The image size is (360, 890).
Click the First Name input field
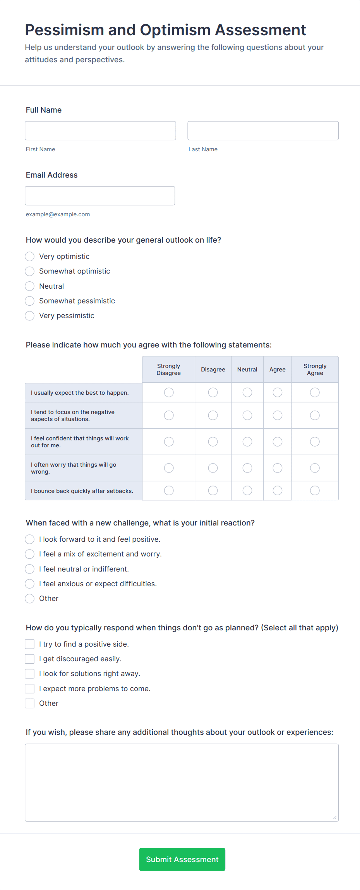click(x=100, y=130)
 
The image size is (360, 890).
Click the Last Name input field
click(x=263, y=130)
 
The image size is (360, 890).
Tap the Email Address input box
click(x=100, y=195)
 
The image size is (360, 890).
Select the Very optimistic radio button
click(x=30, y=257)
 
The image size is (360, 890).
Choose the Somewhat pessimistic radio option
click(x=30, y=301)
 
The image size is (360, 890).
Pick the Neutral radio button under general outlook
click(x=30, y=286)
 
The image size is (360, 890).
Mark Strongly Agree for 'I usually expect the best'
click(x=315, y=392)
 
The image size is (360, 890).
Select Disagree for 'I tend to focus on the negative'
click(x=213, y=415)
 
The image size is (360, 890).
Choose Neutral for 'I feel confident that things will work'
click(x=247, y=442)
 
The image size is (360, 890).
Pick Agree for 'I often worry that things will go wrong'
click(x=278, y=468)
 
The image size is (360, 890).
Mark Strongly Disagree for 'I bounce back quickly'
click(x=169, y=491)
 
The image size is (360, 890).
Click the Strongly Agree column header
click(x=315, y=369)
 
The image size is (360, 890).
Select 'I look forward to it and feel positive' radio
click(x=30, y=539)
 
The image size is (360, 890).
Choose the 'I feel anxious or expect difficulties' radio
click(x=30, y=584)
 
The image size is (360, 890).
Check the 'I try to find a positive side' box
click(x=30, y=644)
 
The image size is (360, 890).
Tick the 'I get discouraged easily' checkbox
click(x=30, y=659)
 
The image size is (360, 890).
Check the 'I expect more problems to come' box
click(x=30, y=689)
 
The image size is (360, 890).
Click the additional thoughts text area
click(x=182, y=782)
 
